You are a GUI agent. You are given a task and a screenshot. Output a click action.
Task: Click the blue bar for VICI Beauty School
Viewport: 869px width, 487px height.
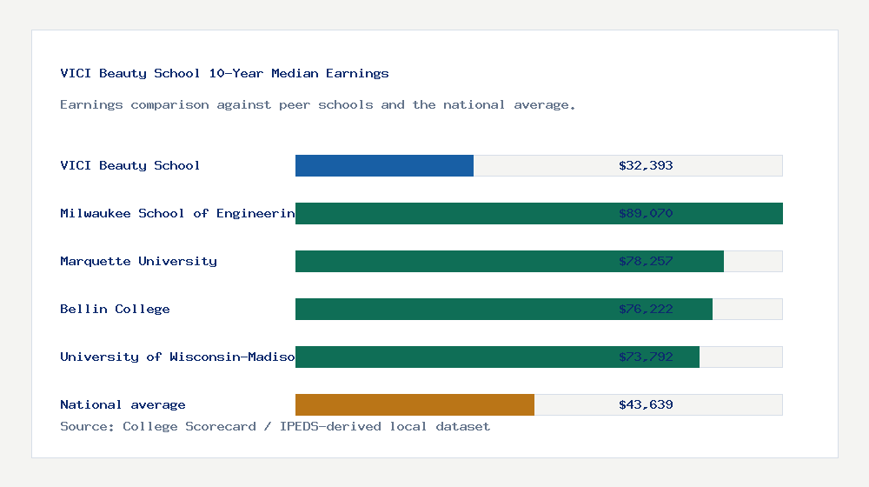pyautogui.click(x=384, y=165)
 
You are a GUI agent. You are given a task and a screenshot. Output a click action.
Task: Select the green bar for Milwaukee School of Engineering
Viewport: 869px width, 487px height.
pyautogui.click(x=452, y=213)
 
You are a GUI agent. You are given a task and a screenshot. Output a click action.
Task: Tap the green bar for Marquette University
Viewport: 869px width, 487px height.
pyautogui.click(x=452, y=261)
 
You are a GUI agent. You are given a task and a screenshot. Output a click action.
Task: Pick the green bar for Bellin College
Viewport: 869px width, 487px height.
pyautogui.click(x=452, y=309)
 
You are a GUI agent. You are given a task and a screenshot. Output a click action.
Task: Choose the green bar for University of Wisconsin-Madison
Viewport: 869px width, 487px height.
pyautogui.click(x=452, y=357)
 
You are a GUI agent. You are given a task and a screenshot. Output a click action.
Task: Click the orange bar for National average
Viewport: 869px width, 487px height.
pyautogui.click(x=415, y=404)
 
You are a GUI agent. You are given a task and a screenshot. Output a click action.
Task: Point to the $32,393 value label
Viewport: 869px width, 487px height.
pyautogui.click(x=646, y=165)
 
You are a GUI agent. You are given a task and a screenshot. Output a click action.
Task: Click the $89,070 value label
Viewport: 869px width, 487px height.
pyautogui.click(x=646, y=213)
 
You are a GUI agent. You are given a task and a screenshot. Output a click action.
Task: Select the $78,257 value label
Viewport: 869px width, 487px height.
pyautogui.click(x=646, y=261)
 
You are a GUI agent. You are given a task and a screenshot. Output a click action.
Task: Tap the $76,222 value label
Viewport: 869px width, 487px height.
pyautogui.click(x=646, y=309)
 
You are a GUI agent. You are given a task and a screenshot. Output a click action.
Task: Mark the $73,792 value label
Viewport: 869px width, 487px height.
pyautogui.click(x=646, y=357)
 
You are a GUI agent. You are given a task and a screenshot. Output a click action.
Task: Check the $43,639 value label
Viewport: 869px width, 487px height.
pyautogui.click(x=646, y=404)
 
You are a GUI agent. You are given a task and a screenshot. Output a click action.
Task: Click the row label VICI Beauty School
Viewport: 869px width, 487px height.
pyautogui.click(x=129, y=165)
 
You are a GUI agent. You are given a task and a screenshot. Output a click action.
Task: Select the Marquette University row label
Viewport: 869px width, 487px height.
pyautogui.click(x=138, y=261)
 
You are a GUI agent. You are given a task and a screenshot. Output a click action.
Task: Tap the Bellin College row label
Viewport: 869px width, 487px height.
pyautogui.click(x=115, y=309)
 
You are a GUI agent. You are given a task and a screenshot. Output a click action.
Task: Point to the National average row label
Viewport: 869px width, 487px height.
pyautogui.click(x=123, y=404)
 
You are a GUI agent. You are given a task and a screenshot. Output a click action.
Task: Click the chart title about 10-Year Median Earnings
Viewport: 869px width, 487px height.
pyautogui.click(x=224, y=73)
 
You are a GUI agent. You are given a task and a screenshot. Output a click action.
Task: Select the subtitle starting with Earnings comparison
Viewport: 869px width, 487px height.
pyautogui.click(x=317, y=104)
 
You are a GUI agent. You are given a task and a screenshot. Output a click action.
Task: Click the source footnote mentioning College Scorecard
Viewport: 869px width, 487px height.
pyautogui.click(x=275, y=426)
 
